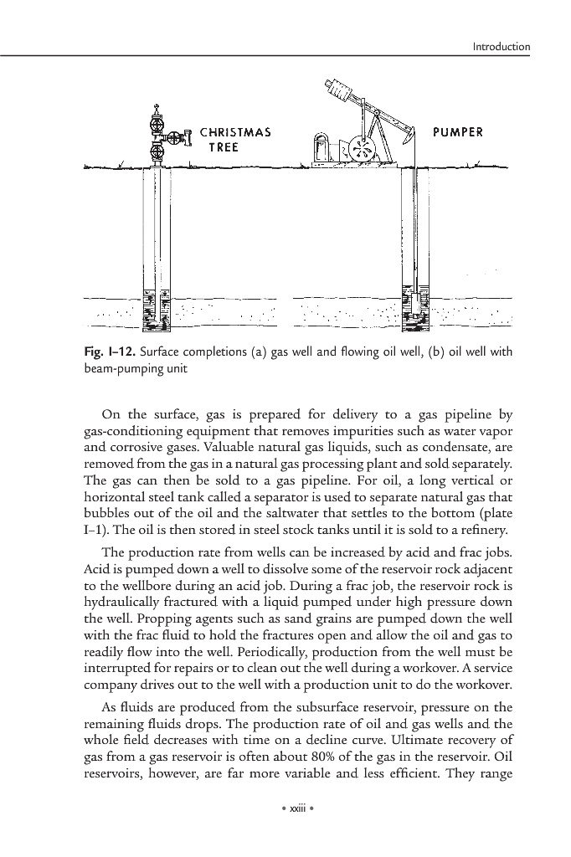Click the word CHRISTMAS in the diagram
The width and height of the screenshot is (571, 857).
click(x=234, y=133)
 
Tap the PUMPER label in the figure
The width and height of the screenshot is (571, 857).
click(x=458, y=132)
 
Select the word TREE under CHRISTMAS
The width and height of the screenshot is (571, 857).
click(x=224, y=146)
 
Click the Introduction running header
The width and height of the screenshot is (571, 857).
click(x=502, y=47)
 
